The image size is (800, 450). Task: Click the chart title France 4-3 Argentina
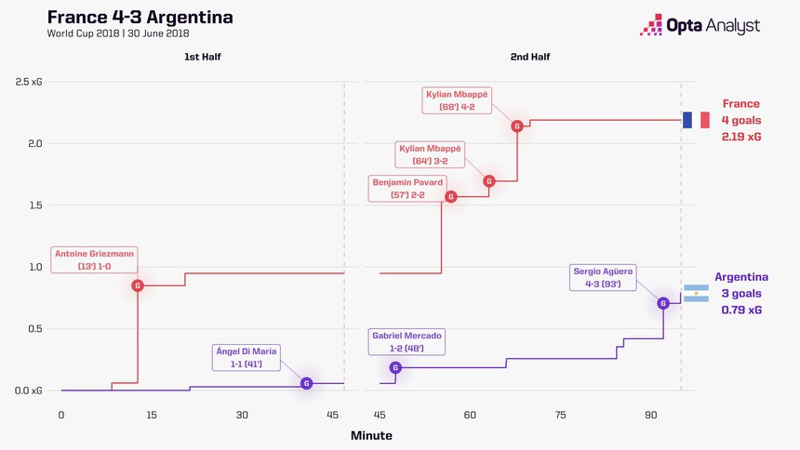(140, 18)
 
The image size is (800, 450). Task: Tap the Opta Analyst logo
(700, 25)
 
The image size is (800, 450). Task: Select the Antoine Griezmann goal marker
(138, 285)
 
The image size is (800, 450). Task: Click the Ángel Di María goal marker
(306, 383)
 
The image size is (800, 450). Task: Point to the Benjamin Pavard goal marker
(451, 196)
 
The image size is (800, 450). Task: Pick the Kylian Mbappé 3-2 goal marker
(489, 181)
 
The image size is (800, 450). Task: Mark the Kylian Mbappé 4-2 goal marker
(517, 126)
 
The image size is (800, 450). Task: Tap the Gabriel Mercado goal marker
(396, 368)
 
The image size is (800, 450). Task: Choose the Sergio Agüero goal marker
(663, 303)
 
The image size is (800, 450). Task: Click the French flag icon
(695, 120)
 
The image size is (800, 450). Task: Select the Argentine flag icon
(696, 294)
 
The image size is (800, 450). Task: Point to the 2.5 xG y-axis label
(28, 83)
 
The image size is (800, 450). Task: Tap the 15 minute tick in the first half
(152, 414)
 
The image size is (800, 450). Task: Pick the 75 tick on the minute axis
(560, 414)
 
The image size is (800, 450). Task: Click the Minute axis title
(371, 435)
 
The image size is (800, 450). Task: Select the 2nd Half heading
(530, 58)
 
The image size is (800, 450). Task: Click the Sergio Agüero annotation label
(604, 277)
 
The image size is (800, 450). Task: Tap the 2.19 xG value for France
(740, 137)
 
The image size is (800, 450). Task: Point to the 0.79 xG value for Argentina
(740, 310)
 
